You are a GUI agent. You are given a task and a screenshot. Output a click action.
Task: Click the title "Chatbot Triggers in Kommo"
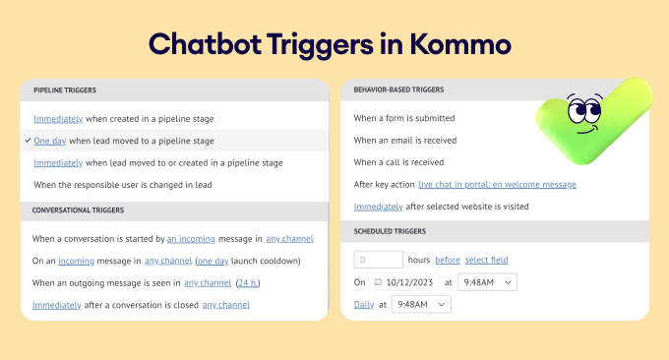pos(334,44)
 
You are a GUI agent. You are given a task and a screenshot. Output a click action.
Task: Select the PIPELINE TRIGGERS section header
pos(65,90)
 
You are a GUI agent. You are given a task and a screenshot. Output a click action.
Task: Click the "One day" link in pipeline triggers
pos(49,141)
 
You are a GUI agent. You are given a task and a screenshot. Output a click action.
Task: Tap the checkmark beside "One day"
pos(28,141)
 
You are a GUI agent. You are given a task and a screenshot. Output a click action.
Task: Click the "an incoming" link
pos(189,239)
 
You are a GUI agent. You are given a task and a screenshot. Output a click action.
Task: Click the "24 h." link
pos(248,283)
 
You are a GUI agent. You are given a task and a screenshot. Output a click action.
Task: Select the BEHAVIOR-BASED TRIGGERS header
pos(398,90)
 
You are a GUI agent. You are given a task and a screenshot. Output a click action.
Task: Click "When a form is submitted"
pos(403,118)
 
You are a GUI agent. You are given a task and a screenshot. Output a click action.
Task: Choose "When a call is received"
pos(398,162)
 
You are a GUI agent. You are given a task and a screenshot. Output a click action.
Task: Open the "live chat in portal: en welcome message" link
pos(497,184)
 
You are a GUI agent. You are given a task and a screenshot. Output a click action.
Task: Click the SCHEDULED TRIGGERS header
pos(391,232)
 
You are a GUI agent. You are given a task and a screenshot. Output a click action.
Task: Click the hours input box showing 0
pos(378,260)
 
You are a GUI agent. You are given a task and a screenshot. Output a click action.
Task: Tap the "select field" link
pos(487,260)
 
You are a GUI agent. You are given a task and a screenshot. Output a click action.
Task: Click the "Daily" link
pos(363,305)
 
